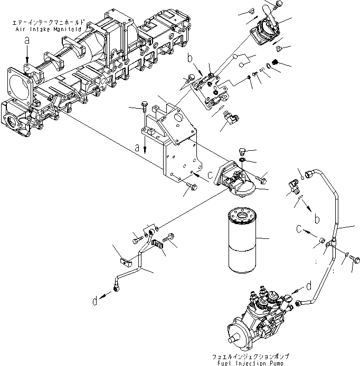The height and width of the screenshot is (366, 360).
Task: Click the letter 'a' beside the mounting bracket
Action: (x=138, y=149)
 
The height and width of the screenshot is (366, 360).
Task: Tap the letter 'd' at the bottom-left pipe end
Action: (x=94, y=302)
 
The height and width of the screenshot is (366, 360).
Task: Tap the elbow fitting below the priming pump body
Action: (x=230, y=120)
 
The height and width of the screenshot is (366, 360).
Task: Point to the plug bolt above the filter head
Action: (x=243, y=151)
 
